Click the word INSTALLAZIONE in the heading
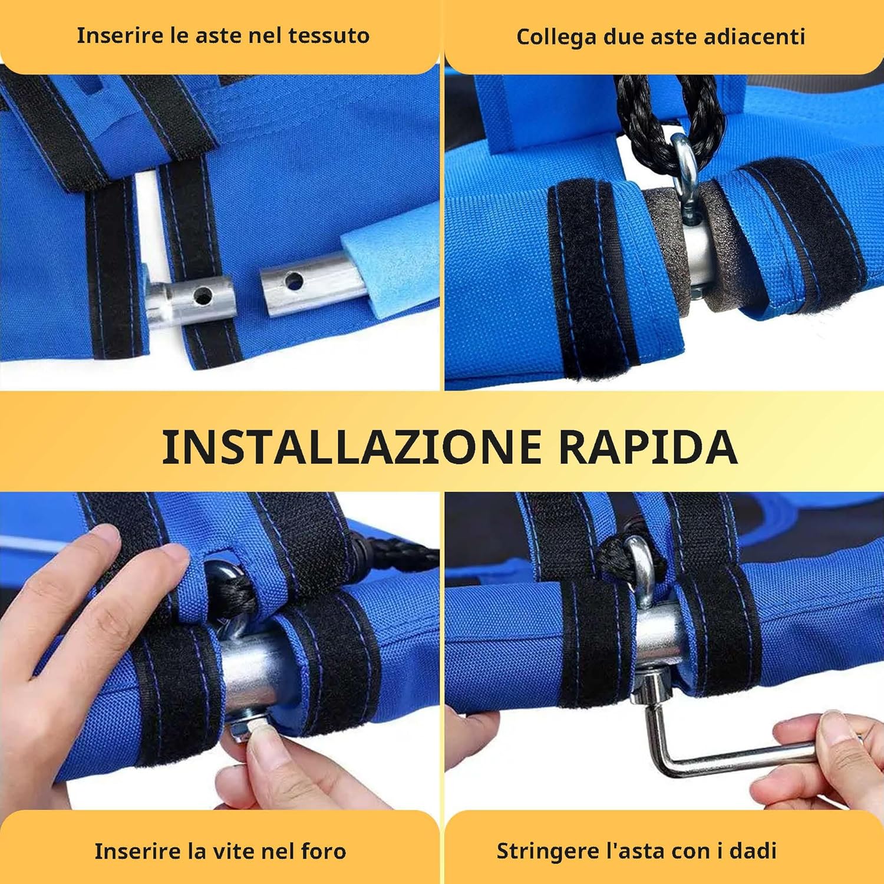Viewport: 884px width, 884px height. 352,446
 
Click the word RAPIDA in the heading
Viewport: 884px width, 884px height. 648,446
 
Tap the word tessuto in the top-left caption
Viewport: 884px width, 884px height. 329,35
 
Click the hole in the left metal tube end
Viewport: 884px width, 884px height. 203,293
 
